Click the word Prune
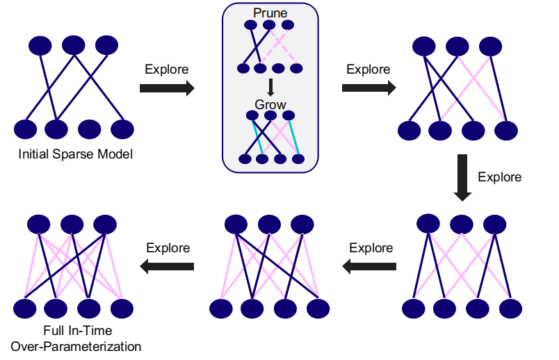[x=270, y=13]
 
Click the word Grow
[x=270, y=104]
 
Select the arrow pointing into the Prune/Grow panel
[x=167, y=88]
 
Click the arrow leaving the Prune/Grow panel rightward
[x=368, y=88]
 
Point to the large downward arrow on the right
[x=462, y=178]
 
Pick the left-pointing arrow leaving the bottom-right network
[x=369, y=266]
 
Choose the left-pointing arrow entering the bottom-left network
[x=167, y=266]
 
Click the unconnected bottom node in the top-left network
[x=89, y=129]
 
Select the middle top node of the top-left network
[x=74, y=45]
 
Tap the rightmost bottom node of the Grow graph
[x=298, y=158]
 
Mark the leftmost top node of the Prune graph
[x=250, y=25]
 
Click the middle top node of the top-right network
[x=457, y=47]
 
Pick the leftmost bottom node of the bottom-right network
[x=413, y=309]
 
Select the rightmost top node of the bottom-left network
[x=105, y=224]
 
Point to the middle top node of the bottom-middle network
[x=269, y=224]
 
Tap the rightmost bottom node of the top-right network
[x=506, y=131]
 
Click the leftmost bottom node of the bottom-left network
[x=24, y=309]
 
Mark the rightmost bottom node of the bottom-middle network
[x=318, y=309]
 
